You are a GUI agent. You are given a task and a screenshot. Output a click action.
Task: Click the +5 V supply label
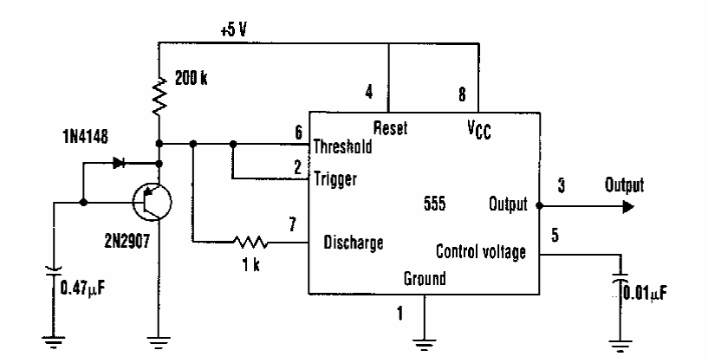[233, 30]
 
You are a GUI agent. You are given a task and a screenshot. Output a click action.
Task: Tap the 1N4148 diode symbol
[120, 163]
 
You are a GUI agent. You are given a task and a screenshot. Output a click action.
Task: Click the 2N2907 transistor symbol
[153, 202]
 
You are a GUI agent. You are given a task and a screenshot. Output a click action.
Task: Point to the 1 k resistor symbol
[250, 243]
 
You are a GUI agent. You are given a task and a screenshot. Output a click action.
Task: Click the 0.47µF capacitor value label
[82, 288]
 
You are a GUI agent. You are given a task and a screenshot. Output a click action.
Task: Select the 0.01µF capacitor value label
[645, 294]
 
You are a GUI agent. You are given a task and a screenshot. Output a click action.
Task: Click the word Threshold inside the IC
[342, 146]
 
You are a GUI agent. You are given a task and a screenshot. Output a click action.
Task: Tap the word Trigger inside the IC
[335, 178]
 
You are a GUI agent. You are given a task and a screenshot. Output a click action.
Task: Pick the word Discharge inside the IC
[354, 243]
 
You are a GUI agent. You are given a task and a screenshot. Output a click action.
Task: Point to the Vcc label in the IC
[479, 131]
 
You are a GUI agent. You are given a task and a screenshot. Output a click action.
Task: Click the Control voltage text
[481, 251]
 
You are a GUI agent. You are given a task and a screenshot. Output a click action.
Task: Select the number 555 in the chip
[435, 204]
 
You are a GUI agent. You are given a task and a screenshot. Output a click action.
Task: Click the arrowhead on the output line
[628, 207]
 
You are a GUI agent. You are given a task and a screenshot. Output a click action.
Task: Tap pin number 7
[293, 224]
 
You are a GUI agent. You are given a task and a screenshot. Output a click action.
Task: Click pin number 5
[555, 235]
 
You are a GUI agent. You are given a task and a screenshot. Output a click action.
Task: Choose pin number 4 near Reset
[369, 93]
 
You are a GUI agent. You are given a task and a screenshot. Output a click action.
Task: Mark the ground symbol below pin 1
[425, 345]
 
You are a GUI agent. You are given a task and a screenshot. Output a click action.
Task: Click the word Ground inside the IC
[425, 278]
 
